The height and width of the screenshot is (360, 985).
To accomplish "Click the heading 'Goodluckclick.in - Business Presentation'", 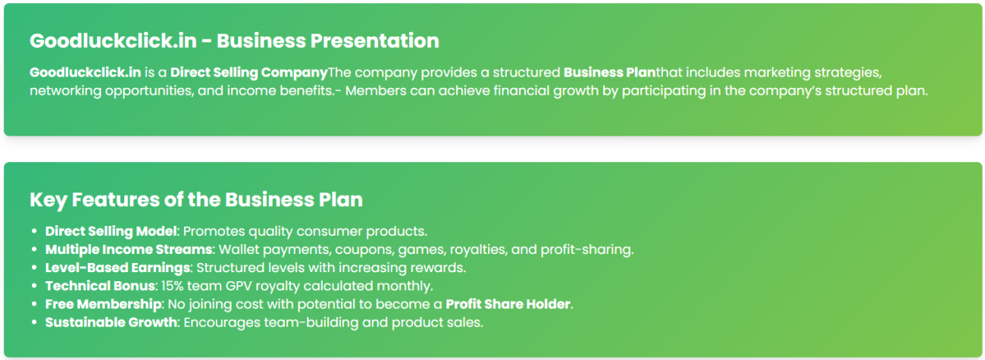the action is coord(234,41).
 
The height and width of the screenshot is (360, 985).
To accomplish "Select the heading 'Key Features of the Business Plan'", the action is coord(196,200).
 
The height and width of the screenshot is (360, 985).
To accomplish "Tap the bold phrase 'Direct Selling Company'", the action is coord(249,73).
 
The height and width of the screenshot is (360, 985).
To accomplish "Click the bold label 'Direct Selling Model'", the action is coord(111,231).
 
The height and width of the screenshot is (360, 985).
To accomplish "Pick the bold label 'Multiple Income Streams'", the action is coord(129,249).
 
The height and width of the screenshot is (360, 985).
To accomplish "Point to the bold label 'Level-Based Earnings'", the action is coord(118,268).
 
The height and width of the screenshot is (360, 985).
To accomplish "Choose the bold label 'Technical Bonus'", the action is coord(100,286).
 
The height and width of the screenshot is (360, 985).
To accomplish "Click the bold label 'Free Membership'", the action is coord(103,304).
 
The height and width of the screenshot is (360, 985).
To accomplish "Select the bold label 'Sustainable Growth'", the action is coord(111,322).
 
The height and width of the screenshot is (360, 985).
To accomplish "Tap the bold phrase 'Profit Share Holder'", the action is coord(508,304).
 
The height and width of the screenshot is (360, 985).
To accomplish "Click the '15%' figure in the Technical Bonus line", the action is coord(172,286).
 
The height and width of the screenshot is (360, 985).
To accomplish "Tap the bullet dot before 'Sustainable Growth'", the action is coord(34,322).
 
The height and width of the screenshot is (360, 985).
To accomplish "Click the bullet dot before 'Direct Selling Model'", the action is coord(34,231).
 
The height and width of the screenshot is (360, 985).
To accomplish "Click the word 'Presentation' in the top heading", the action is coord(374,41).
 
